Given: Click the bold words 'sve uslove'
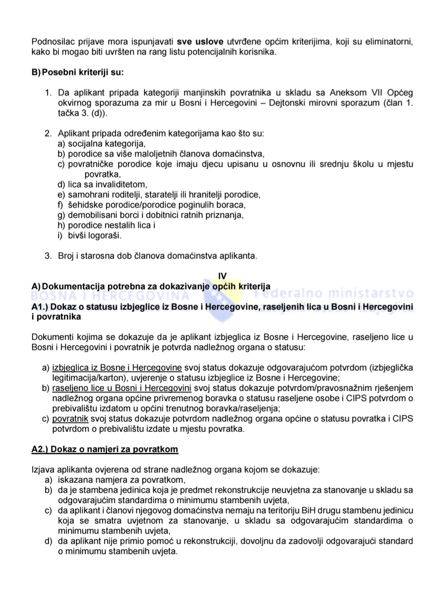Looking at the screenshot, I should [x=200, y=42].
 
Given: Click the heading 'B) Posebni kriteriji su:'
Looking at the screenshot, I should [x=78, y=72].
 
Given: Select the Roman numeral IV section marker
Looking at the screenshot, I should [x=222, y=276].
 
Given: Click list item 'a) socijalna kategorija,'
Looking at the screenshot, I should [x=102, y=144].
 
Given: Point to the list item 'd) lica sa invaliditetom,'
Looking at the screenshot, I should [x=102, y=184].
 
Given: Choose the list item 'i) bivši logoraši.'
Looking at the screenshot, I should [x=90, y=235].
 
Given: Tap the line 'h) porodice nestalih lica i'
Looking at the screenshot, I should [x=107, y=225].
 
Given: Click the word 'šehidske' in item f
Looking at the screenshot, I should [x=83, y=205].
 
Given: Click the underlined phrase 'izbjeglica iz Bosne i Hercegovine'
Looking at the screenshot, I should [x=117, y=367].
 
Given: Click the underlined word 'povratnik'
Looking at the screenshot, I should [x=70, y=418].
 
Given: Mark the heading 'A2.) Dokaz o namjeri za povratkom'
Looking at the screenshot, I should [x=105, y=449].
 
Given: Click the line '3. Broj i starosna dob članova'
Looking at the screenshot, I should [x=151, y=256].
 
